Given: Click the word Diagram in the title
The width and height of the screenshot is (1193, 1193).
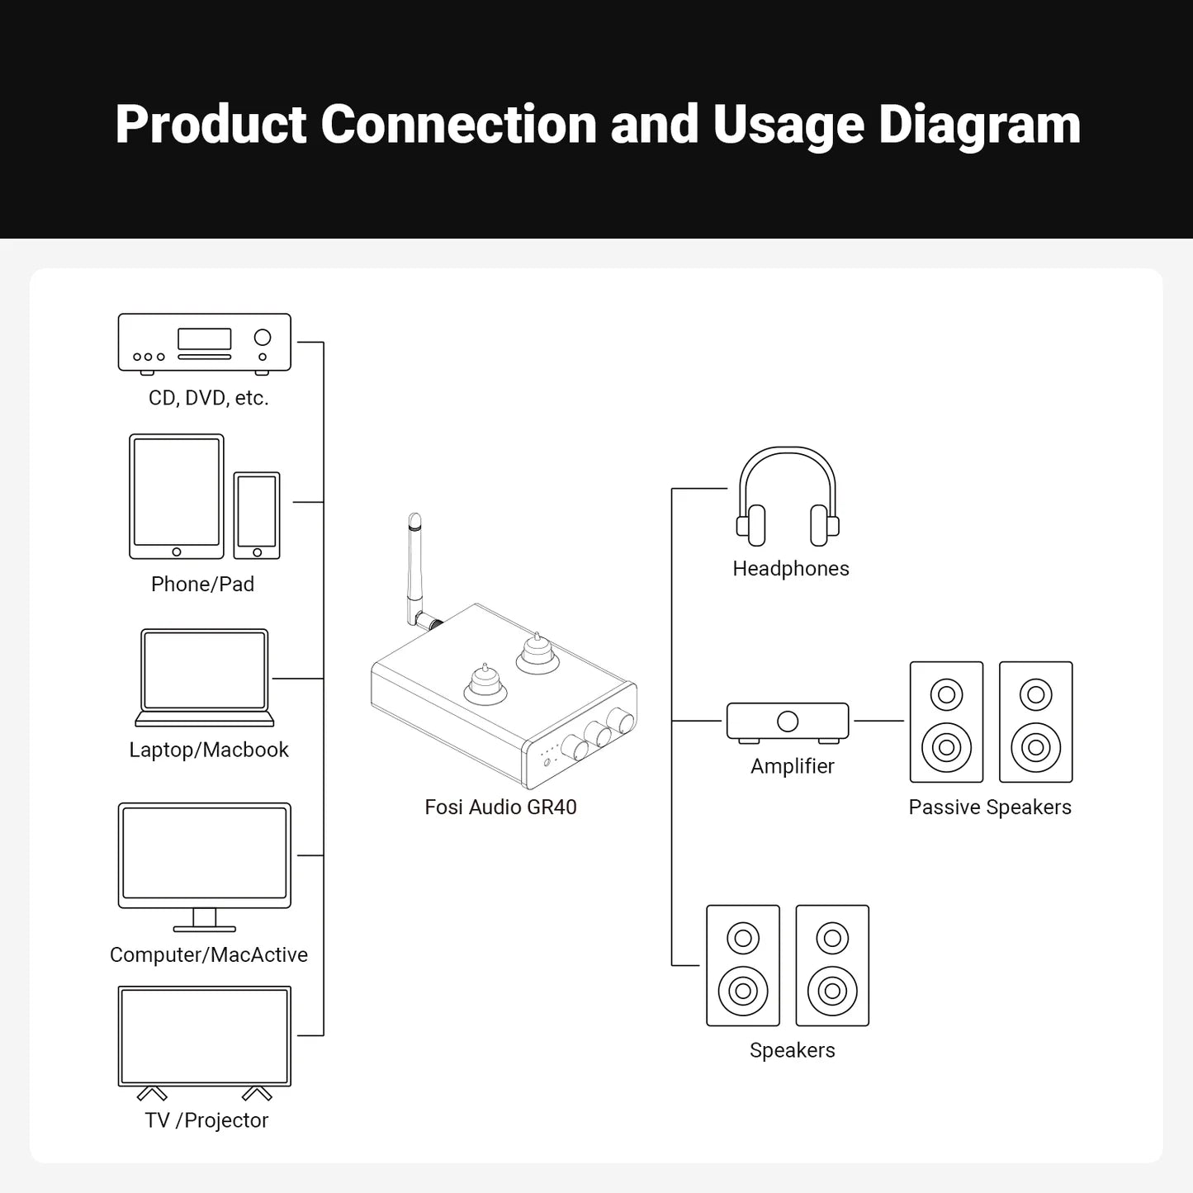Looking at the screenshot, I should (x=979, y=125).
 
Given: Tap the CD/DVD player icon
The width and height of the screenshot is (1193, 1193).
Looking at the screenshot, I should (x=204, y=343).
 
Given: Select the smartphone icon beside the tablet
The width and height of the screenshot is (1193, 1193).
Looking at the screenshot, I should (x=257, y=515).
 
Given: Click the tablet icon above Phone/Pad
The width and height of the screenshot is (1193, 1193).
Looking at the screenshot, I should (x=177, y=496).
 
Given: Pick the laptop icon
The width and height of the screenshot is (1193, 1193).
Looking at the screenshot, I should (x=204, y=677).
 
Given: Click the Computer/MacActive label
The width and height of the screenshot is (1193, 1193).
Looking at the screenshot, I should (x=208, y=954).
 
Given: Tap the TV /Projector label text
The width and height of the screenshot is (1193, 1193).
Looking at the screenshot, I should (x=206, y=1120).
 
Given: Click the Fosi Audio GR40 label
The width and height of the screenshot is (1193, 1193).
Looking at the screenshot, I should (x=500, y=807).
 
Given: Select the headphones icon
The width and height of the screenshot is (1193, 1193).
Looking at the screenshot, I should (x=788, y=497).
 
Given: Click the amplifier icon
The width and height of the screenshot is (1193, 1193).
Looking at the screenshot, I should (x=788, y=722).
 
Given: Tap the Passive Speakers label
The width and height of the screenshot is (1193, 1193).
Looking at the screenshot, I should (x=990, y=807).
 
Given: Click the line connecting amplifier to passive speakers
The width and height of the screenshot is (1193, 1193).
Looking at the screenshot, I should (x=878, y=721).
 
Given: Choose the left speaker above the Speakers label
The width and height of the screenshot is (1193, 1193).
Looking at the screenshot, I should (x=743, y=965).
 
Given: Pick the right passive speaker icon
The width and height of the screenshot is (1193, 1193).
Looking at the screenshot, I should (x=1035, y=722).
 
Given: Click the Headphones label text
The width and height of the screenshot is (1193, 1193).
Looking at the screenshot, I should (x=790, y=568).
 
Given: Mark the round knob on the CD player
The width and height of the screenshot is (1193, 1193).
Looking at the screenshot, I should (x=263, y=337).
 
